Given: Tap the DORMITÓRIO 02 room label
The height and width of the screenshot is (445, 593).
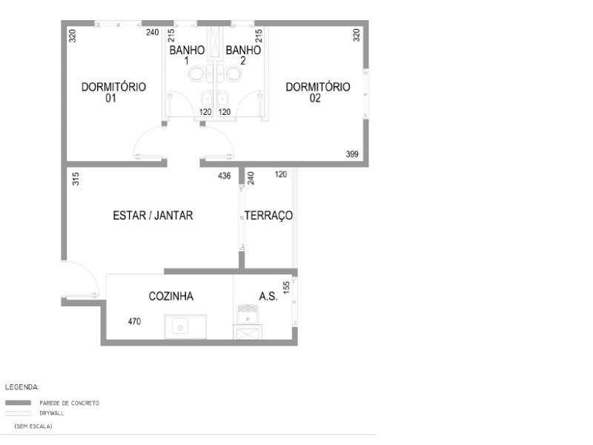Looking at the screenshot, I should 317,91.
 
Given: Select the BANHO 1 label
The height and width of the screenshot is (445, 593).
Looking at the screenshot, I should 187,56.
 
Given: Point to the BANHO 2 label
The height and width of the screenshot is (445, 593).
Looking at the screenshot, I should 243,56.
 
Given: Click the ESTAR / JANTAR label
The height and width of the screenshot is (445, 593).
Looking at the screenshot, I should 153,216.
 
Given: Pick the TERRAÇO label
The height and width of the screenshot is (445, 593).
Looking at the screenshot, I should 269,216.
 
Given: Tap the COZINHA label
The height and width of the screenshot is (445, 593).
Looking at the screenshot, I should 171,296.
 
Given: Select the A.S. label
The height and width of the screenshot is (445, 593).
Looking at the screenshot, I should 268,296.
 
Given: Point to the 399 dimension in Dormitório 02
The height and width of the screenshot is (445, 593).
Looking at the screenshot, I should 353,154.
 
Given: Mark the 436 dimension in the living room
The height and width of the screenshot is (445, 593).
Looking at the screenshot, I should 224,176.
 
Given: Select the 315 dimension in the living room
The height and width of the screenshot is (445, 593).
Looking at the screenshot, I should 75,179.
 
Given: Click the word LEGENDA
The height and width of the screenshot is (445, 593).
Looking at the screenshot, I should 22,386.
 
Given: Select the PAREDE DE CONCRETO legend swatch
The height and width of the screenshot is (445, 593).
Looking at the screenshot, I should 17,403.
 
